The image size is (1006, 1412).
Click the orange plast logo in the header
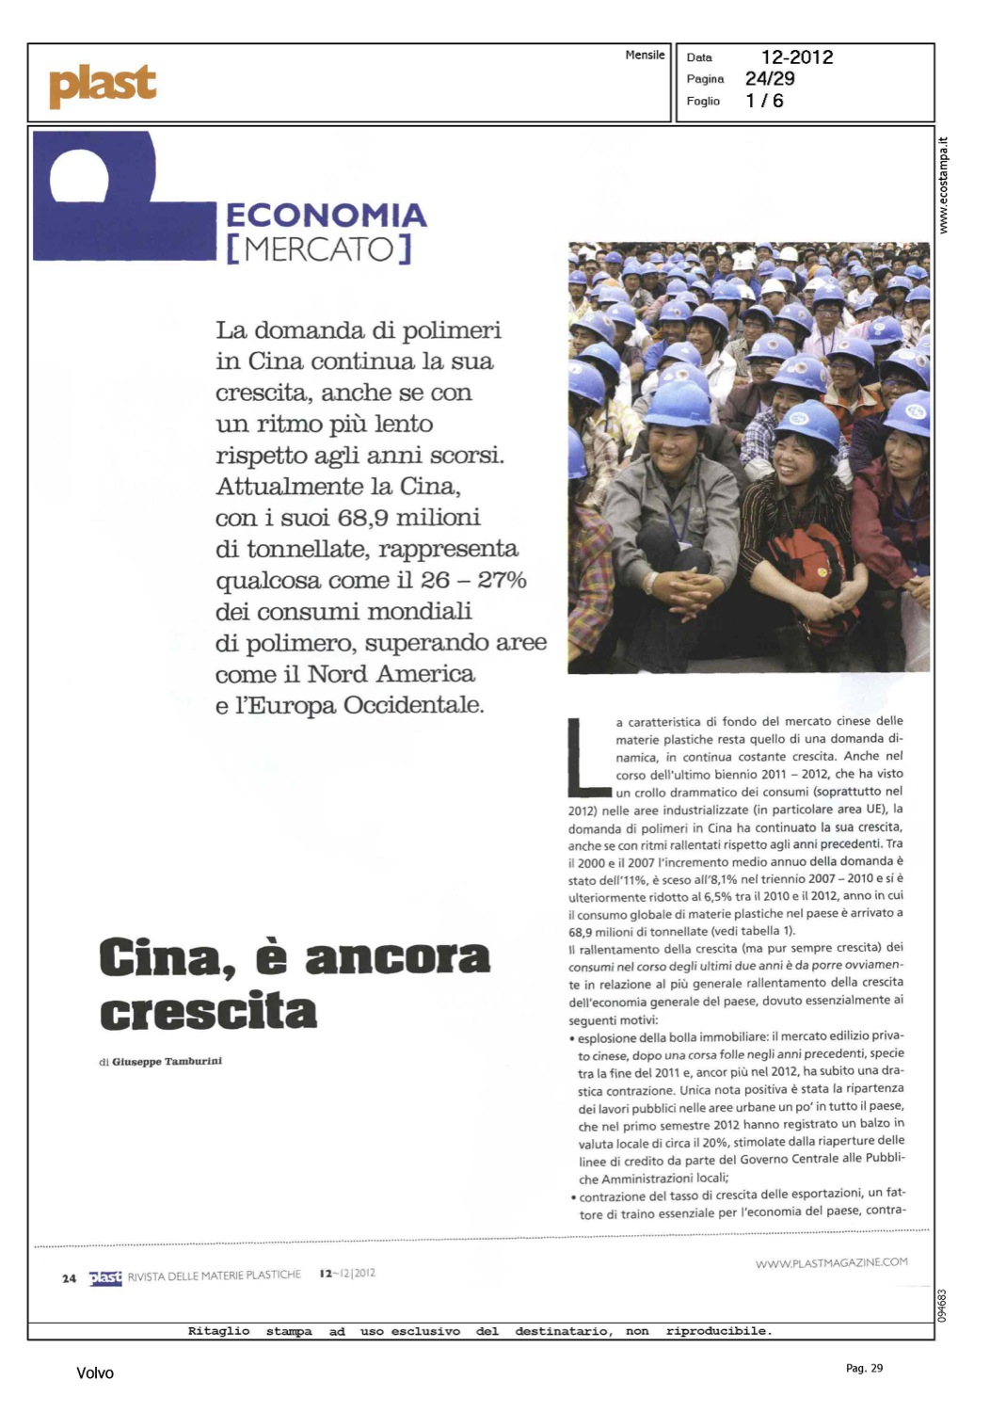tap(102, 85)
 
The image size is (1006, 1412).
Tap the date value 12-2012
tap(796, 57)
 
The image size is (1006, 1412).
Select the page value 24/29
tap(770, 79)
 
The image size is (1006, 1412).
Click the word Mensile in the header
tap(645, 56)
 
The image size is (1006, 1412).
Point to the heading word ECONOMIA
tap(326, 216)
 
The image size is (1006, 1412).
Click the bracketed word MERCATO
tap(319, 249)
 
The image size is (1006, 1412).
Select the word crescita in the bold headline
tap(208, 1012)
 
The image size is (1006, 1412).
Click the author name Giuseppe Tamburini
tap(167, 1062)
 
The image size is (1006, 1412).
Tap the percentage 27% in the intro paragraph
tap(502, 580)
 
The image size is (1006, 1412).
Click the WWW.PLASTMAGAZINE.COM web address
tap(831, 1262)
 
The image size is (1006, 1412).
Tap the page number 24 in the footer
tap(69, 1278)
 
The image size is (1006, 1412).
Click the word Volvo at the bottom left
tap(95, 1373)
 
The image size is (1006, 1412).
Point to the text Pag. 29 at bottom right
tap(864, 1368)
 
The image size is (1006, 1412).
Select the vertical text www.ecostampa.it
tap(944, 185)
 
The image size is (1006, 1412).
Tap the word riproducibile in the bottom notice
tap(718, 1331)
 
